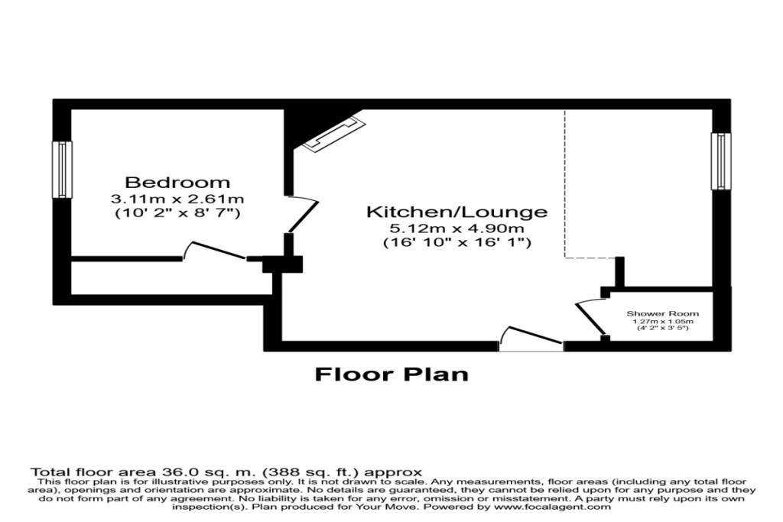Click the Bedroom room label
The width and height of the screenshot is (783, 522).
click(x=177, y=183)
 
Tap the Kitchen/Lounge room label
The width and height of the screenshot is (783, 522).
click(x=456, y=212)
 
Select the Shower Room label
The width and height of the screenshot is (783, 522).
click(x=662, y=314)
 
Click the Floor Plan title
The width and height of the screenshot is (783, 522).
click(x=391, y=374)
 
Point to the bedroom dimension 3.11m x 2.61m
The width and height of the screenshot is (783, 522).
click(x=177, y=199)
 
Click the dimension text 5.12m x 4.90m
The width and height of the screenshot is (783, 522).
click(x=456, y=228)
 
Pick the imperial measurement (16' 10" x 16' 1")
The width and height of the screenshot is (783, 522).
click(x=456, y=242)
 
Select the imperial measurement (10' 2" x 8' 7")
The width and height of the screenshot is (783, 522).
click(x=177, y=213)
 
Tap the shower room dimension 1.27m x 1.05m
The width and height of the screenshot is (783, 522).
click(x=662, y=323)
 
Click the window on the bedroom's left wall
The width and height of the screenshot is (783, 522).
click(x=62, y=169)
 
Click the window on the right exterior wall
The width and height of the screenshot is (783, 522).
click(x=720, y=160)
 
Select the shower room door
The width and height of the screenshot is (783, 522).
click(x=590, y=316)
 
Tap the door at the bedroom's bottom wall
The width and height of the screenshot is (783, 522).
click(x=215, y=251)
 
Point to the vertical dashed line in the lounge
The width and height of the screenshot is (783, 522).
click(x=565, y=183)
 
